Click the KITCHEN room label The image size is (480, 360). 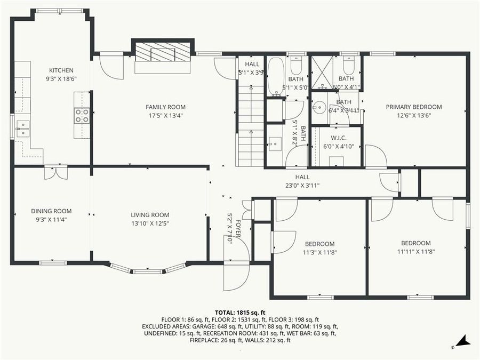[x=61, y=70]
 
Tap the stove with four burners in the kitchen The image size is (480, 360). [x=82, y=116]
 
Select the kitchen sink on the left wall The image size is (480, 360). [x=22, y=129]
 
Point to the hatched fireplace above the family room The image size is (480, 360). [x=162, y=53]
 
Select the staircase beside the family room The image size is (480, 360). [x=250, y=128]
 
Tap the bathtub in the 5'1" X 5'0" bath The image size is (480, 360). [x=275, y=77]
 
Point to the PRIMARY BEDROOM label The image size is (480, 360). [x=414, y=107]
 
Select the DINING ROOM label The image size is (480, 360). [x=51, y=211]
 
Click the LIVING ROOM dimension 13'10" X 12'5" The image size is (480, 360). [x=150, y=223]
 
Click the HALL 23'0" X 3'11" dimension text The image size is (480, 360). [x=302, y=186]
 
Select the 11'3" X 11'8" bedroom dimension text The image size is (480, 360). [x=320, y=252]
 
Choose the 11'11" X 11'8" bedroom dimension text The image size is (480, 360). [x=416, y=251]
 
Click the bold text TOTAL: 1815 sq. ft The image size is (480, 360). [x=240, y=313]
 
